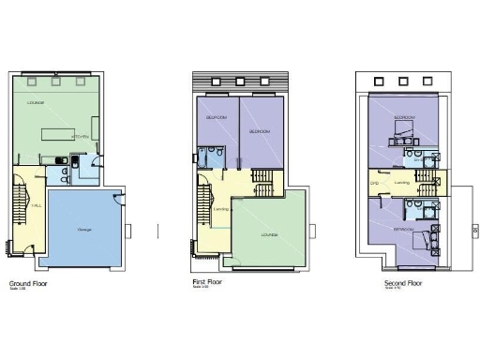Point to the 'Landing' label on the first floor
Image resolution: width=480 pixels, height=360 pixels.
coord(222,209)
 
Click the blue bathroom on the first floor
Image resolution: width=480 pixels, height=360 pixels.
coord(214,156)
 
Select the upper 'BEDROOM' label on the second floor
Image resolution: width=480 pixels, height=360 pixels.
coord(404,118)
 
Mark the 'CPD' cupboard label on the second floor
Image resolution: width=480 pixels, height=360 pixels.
coord(375,183)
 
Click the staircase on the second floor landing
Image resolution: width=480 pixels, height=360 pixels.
coord(427,182)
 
